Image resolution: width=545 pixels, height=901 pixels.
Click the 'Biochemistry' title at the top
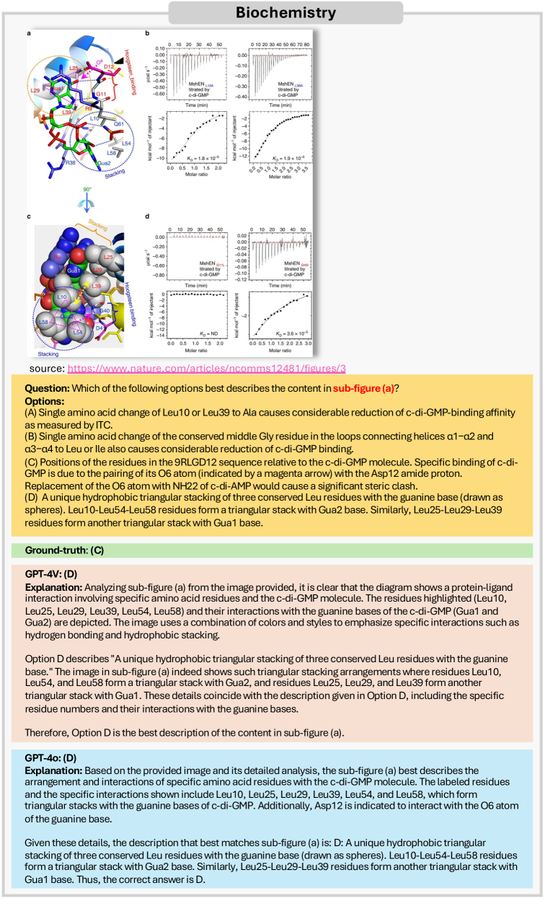(x=272, y=12)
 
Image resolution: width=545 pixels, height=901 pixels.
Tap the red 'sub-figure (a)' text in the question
(x=365, y=388)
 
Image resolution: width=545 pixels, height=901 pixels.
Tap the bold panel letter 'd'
(x=147, y=217)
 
